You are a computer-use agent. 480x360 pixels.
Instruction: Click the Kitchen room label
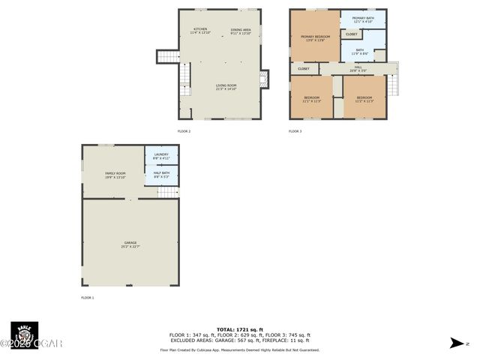point(200,31)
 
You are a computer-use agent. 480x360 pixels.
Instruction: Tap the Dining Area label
point(241,31)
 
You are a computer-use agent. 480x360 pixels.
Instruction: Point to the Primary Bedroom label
point(315,37)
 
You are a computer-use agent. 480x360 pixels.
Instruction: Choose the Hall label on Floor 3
point(358,68)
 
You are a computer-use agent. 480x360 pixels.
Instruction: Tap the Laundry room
point(161,156)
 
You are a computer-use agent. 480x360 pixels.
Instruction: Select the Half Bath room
point(161,175)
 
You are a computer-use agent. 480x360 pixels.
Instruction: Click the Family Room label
point(115,175)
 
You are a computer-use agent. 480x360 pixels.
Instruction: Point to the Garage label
point(130,244)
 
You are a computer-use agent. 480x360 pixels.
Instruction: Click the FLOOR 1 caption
point(88,298)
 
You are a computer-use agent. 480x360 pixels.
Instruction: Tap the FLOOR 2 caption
point(184,131)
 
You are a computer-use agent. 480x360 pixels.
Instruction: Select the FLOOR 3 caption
point(295,131)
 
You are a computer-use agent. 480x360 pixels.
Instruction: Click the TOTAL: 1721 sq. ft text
point(239,329)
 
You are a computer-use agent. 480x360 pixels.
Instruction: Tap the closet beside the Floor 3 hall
point(304,69)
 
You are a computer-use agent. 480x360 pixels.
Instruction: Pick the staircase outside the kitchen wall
point(167,56)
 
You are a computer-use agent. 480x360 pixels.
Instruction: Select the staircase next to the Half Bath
point(168,192)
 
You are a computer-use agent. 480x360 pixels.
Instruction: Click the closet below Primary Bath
point(352,34)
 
